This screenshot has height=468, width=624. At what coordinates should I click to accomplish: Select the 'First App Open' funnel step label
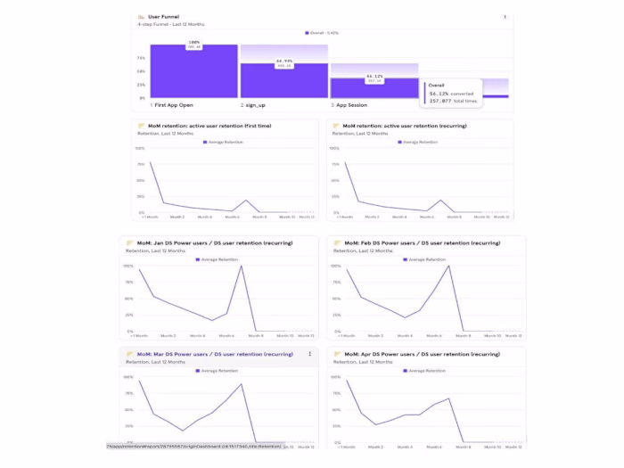click(x=175, y=104)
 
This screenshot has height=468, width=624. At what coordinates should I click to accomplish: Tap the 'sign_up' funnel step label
click(x=255, y=104)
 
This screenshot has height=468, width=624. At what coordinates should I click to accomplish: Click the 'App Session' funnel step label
click(x=350, y=104)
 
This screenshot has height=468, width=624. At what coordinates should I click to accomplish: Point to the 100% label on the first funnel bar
click(x=193, y=42)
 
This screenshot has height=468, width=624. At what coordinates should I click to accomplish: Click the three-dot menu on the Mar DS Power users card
click(x=310, y=354)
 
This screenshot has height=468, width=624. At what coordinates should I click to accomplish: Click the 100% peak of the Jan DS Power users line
click(x=241, y=266)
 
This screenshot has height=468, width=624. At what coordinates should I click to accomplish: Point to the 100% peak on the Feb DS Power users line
click(x=448, y=266)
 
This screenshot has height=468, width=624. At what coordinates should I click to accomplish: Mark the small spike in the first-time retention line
click(x=246, y=201)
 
